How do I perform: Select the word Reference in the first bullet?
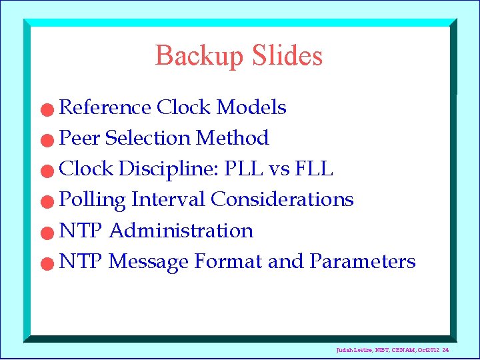click(x=105, y=107)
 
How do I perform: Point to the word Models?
click(x=252, y=107)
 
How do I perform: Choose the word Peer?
click(x=80, y=138)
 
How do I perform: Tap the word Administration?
click(x=181, y=231)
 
